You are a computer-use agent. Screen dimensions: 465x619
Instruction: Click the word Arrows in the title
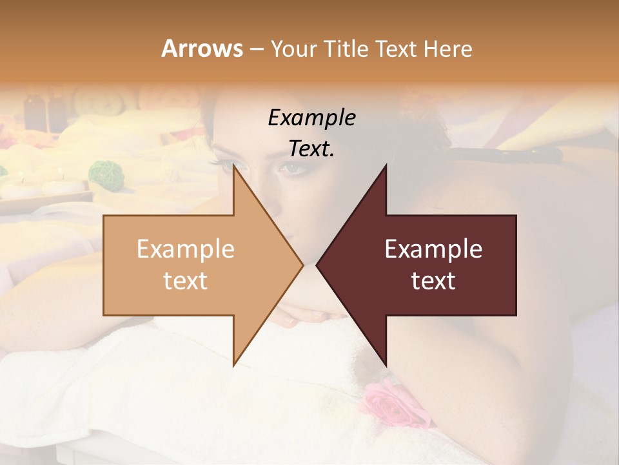pyautogui.click(x=202, y=48)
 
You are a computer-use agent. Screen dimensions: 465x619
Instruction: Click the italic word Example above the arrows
pyautogui.click(x=311, y=118)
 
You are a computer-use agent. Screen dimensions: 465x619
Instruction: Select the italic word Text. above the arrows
pyautogui.click(x=311, y=149)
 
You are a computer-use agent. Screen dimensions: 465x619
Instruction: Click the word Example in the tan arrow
pyautogui.click(x=185, y=249)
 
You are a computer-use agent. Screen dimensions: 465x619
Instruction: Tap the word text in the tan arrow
pyautogui.click(x=185, y=281)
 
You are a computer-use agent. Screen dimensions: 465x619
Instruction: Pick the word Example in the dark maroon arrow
pyautogui.click(x=433, y=249)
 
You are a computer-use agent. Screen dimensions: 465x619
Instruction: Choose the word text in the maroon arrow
pyautogui.click(x=433, y=281)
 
